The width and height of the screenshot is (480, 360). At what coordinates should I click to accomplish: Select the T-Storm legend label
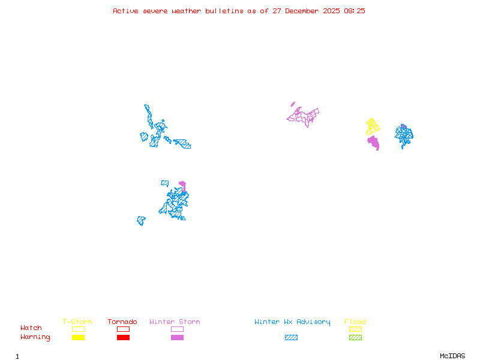[77, 322]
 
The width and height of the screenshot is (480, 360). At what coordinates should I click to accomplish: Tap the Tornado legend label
[122, 322]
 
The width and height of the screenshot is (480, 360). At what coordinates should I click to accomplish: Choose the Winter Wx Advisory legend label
[292, 322]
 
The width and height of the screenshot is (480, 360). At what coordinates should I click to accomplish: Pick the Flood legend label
[355, 322]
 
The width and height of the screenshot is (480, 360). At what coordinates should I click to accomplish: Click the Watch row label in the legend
[31, 328]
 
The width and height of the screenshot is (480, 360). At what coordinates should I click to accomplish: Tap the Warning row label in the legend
[35, 337]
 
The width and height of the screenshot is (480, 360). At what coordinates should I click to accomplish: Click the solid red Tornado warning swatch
[123, 337]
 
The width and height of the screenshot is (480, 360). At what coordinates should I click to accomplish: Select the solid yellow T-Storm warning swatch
[78, 337]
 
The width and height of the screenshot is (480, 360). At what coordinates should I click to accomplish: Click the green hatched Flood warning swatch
[355, 337]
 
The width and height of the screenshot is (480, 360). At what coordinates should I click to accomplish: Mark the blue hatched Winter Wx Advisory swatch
[291, 337]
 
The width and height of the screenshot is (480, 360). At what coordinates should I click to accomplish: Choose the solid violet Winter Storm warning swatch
[177, 337]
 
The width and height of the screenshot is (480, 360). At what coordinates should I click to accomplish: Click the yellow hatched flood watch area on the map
[373, 126]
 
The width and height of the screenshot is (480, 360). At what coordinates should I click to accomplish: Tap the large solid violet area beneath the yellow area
[374, 143]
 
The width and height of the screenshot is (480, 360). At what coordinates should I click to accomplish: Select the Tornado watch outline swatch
[123, 329]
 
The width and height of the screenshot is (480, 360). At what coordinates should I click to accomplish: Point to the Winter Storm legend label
[175, 322]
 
